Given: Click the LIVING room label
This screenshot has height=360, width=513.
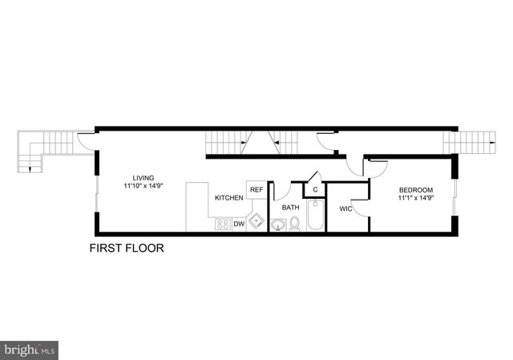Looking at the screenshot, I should [x=144, y=178].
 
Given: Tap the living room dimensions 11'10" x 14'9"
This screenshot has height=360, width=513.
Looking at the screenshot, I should [x=144, y=186].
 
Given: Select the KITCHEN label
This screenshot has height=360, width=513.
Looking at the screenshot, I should [x=228, y=197].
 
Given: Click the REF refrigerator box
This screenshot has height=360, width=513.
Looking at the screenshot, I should [x=256, y=189].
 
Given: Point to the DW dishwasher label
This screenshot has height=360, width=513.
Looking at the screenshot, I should [x=239, y=224].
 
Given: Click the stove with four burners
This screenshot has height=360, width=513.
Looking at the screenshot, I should [x=223, y=224].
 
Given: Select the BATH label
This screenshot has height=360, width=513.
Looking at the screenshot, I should [x=290, y=207].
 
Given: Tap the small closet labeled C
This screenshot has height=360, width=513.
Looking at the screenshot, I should [x=315, y=190].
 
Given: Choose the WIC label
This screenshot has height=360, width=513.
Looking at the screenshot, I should [x=345, y=209].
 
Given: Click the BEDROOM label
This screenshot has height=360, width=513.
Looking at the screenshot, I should [x=416, y=190].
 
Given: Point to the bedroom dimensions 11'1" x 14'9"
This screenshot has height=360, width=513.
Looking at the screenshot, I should [x=416, y=198].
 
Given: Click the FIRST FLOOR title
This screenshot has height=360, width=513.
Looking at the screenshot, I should [x=127, y=249].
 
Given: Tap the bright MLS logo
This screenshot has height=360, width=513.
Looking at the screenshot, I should [x=30, y=350].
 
